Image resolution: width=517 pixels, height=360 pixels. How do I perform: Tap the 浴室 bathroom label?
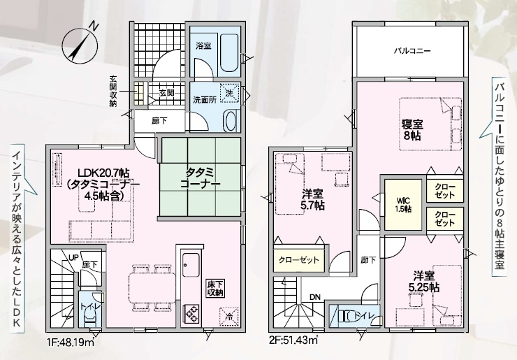click(x=203, y=46)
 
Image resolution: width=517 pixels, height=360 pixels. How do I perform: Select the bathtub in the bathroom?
click(x=229, y=52)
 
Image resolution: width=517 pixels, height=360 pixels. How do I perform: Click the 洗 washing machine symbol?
click(x=229, y=93)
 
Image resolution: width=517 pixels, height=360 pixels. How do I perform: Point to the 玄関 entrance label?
click(x=166, y=93)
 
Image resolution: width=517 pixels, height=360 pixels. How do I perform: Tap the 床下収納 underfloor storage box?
click(x=215, y=289)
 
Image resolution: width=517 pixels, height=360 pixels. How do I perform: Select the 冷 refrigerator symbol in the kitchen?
click(x=228, y=317)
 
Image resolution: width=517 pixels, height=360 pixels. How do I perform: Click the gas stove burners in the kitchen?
click(x=191, y=313)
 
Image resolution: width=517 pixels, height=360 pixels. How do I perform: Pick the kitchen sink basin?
click(x=191, y=266)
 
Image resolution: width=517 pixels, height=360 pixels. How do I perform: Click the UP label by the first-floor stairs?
click(x=73, y=257)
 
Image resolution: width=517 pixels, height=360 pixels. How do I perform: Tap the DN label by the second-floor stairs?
click(x=315, y=297)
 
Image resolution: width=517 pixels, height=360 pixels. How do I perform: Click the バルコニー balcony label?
click(x=412, y=51)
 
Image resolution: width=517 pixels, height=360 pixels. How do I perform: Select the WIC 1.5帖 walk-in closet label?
click(x=403, y=204)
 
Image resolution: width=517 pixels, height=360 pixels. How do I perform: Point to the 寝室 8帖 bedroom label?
click(x=412, y=130)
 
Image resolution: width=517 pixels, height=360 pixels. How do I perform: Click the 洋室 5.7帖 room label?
click(x=312, y=200)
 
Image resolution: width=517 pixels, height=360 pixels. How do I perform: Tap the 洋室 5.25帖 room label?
click(x=423, y=282)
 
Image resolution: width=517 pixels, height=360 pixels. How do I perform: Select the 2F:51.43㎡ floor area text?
click(x=293, y=340)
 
